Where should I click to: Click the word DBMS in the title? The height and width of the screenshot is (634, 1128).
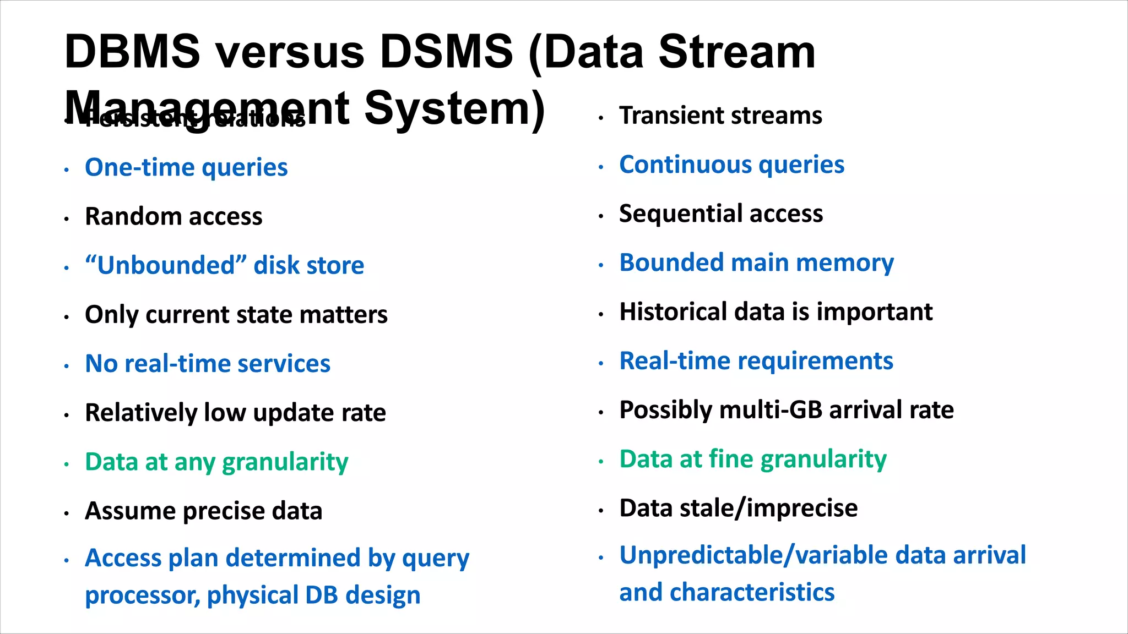[x=132, y=52]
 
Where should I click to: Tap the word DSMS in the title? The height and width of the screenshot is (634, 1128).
[x=446, y=52]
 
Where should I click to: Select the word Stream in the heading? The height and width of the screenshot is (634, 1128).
[x=737, y=52]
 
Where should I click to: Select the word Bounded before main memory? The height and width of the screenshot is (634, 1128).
[x=671, y=263]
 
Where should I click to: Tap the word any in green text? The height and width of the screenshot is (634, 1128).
[x=194, y=463]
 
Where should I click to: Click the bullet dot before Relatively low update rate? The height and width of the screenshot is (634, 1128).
[x=67, y=415]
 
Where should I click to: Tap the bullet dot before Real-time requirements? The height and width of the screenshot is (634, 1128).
[x=601, y=363]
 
